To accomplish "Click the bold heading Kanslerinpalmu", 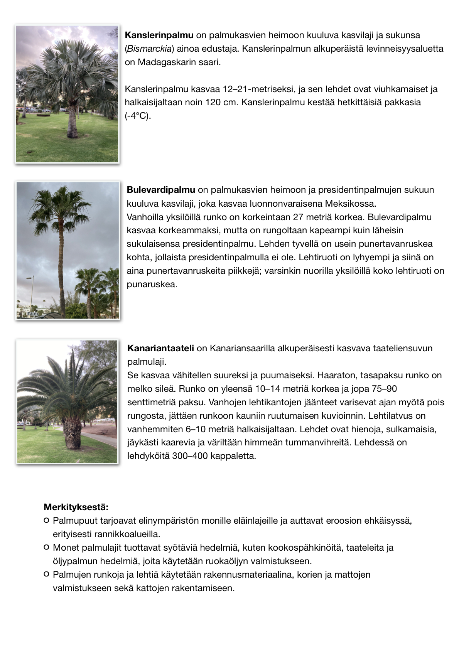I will click(159, 35).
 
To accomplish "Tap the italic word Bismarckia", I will click(149, 49).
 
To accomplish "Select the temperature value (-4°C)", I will click(138, 116).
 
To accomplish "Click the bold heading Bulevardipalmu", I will click(161, 190).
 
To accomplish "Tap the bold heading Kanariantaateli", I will click(160, 348).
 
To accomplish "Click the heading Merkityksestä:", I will click(76, 507).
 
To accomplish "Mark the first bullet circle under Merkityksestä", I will click(46, 521).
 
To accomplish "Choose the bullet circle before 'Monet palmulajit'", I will click(46, 547).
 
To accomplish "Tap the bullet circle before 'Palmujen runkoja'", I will click(46, 574).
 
